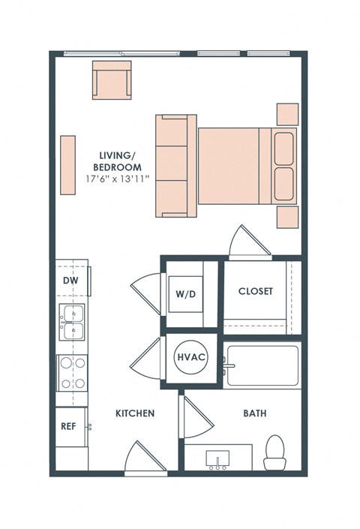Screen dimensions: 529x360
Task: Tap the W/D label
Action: point(185,293)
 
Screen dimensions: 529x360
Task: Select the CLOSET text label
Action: point(255,291)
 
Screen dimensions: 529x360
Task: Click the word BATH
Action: point(255,413)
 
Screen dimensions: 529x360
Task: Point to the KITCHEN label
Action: point(135,413)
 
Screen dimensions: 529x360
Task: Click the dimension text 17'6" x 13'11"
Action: point(118,179)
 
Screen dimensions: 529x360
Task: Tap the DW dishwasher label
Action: point(70,281)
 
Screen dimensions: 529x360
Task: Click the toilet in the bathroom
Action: point(276,452)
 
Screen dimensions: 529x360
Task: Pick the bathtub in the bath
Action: point(262,365)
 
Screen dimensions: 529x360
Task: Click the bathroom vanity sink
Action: point(218,458)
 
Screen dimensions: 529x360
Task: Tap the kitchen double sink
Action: point(73,322)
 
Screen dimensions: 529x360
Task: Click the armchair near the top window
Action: point(112,80)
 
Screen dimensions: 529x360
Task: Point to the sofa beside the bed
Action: point(175,166)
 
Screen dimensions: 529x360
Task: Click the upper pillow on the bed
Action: point(284,149)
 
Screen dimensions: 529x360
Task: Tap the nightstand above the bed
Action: point(288,114)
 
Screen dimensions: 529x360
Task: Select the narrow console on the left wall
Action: point(68,166)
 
